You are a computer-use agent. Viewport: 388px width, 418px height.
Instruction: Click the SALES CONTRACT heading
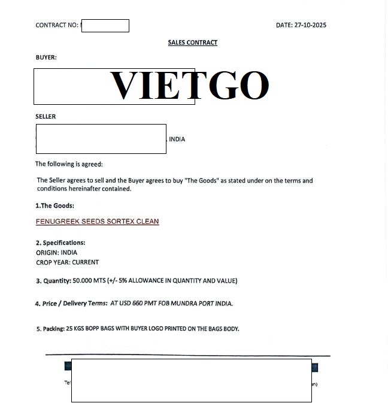(x=192, y=43)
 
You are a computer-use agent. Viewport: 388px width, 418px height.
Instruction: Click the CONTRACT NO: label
(x=57, y=25)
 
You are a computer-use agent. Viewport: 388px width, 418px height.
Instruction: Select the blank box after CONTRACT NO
(x=105, y=26)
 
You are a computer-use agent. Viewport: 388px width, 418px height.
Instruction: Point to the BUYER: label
(x=46, y=57)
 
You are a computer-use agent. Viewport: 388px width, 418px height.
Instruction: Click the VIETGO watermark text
(x=189, y=85)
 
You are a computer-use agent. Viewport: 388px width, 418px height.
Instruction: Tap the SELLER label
(x=46, y=116)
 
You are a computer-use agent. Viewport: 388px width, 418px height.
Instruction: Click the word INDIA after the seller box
(x=177, y=139)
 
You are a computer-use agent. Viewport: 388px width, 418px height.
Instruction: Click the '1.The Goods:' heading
(x=54, y=205)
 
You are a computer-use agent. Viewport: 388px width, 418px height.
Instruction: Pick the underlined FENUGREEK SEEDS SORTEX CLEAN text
(x=97, y=222)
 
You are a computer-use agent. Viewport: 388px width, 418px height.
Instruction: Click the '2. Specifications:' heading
(x=60, y=243)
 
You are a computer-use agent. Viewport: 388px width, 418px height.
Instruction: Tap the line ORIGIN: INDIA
(x=56, y=253)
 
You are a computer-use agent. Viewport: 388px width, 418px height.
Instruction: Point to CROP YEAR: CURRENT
(x=67, y=262)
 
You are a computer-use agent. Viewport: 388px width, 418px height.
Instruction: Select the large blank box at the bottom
(x=191, y=380)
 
